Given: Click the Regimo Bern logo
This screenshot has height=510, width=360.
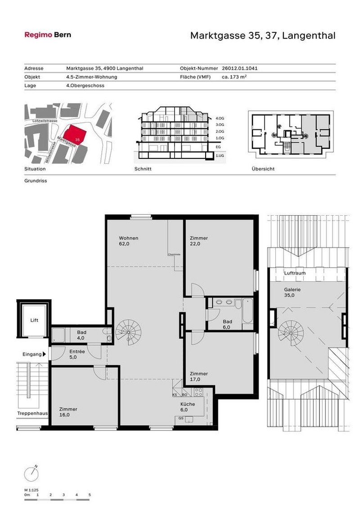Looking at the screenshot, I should coord(47,35).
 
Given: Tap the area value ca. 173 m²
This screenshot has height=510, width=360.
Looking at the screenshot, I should coord(234,77).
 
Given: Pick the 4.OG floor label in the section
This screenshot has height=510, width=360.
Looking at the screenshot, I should coord(220,117).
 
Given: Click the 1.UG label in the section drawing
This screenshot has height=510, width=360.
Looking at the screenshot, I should coord(220,155).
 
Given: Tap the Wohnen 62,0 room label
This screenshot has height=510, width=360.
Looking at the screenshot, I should coord(128,241).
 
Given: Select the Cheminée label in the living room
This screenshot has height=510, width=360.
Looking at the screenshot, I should coord(174,254).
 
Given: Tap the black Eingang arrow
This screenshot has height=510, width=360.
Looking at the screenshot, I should coord(44,355).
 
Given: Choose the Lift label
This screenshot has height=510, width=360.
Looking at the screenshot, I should coord(35,320).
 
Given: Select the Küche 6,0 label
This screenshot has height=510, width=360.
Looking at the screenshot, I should coord(188,407).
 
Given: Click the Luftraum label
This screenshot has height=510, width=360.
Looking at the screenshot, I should coord(295,273).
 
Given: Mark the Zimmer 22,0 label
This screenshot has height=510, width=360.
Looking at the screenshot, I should coord(198,241).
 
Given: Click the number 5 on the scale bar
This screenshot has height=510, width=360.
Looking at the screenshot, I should coord(90,495).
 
